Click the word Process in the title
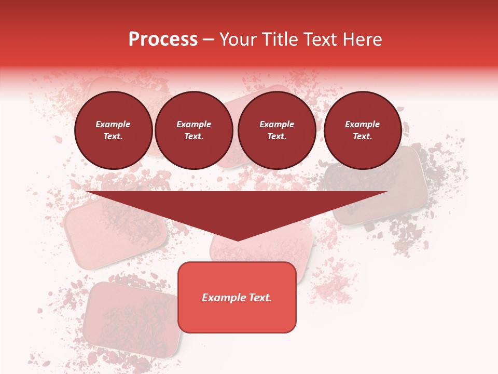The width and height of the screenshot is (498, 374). coord(163,39)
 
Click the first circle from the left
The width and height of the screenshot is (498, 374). coord(114,130)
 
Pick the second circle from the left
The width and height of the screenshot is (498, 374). coord(194,130)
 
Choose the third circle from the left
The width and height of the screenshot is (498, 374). coord(277,130)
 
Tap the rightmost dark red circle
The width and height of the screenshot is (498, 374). coord(363,130)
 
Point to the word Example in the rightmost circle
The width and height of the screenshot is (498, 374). coord(363,124)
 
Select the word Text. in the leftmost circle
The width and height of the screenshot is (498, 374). coord(113,137)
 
